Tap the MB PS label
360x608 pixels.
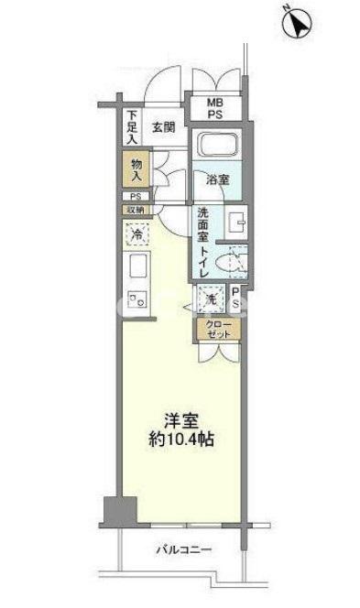(213, 109)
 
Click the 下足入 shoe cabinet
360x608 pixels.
(132, 128)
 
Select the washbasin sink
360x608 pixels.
(235, 222)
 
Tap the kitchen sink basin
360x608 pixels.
(136, 268)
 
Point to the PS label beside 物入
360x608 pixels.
(134, 196)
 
